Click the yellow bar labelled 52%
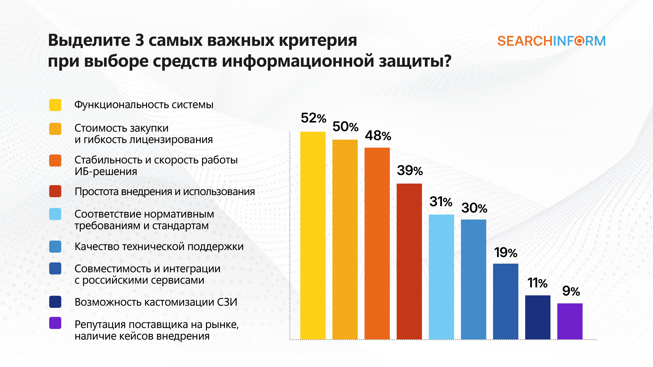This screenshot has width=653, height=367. pyautogui.click(x=313, y=236)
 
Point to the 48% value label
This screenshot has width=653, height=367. pyautogui.click(x=378, y=136)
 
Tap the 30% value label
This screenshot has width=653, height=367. pyautogui.click(x=474, y=208)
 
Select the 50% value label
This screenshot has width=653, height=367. pyautogui.click(x=345, y=127)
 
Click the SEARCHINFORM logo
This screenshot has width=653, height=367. pyautogui.click(x=551, y=41)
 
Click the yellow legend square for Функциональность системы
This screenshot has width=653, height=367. pyautogui.click(x=55, y=105)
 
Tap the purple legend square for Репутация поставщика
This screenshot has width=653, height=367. pyautogui.click(x=55, y=323)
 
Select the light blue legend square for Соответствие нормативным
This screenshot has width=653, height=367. pyautogui.click(x=55, y=214)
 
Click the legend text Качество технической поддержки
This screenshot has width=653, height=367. pyautogui.click(x=159, y=246)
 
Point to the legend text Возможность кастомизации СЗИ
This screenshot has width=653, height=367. pyautogui.click(x=156, y=302)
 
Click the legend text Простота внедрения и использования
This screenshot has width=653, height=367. pyautogui.click(x=165, y=191)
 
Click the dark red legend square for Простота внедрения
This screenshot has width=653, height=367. pyautogui.click(x=55, y=191)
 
